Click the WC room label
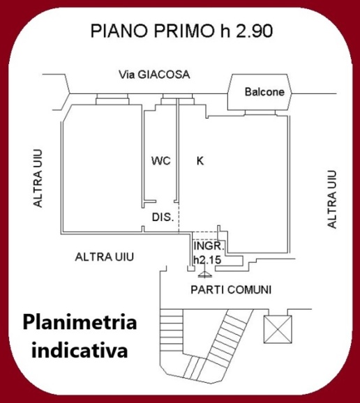tap(161, 161)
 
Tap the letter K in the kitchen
tap(200, 161)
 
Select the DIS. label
tap(163, 218)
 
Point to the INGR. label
tap(207, 247)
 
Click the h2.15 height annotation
tap(207, 259)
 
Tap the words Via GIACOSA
tap(154, 74)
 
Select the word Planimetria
tap(80, 324)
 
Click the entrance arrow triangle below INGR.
tap(200, 273)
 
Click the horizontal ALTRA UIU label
tap(104, 257)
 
